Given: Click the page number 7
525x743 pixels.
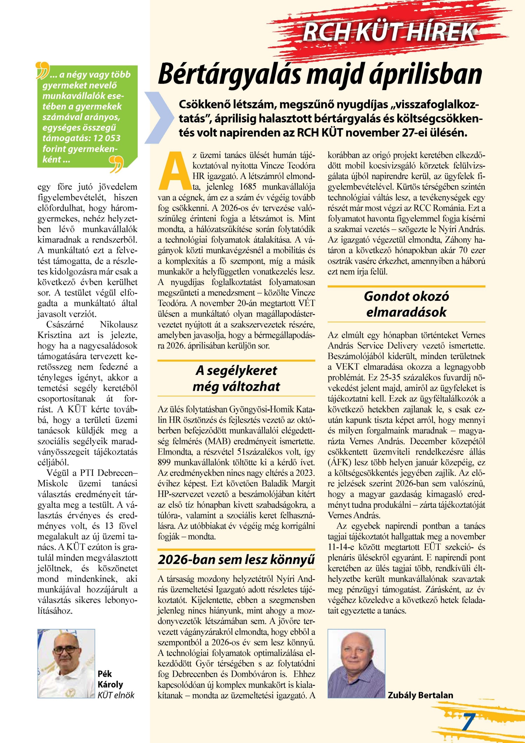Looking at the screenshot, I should pos(469,721).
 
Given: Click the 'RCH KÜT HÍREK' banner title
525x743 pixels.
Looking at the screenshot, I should pos(389,32).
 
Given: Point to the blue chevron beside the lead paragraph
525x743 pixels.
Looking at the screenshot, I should pos(159,117).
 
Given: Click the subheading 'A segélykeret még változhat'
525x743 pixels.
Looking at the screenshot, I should pos(236,378).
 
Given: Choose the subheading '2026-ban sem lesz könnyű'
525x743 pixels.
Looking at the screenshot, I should pos(236,559).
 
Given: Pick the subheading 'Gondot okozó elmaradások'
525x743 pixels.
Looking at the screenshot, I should pos(406,304).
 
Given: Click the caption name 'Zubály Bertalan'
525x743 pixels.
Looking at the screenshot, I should pos(420,695).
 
